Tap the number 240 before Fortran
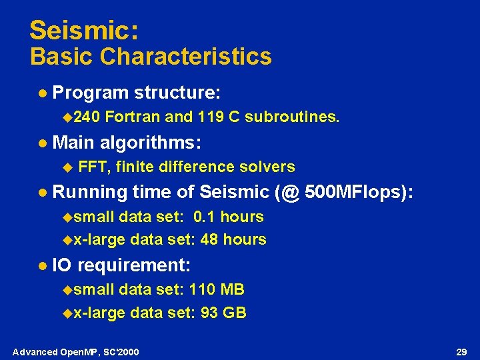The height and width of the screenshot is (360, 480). click(85, 117)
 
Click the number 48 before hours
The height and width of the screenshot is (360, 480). click(209, 239)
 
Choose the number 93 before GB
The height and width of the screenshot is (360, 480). click(209, 312)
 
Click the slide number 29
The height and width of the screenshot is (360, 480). click(460, 351)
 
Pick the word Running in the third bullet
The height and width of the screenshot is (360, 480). click(89, 193)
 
